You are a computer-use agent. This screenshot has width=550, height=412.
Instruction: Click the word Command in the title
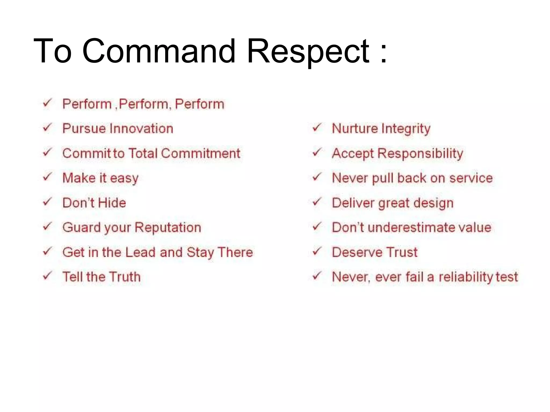point(159,51)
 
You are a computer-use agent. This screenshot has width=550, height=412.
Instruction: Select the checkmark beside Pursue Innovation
point(47,128)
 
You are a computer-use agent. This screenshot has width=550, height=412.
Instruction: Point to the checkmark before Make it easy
point(47,177)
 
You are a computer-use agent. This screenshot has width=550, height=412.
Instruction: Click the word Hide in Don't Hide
point(112,203)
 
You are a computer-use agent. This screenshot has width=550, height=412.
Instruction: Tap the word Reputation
point(168,227)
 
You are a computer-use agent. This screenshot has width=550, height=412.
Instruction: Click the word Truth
point(125,277)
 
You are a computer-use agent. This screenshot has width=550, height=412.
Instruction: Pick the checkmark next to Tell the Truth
point(47,276)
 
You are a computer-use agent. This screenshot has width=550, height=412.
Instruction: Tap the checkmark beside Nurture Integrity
point(317,128)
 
